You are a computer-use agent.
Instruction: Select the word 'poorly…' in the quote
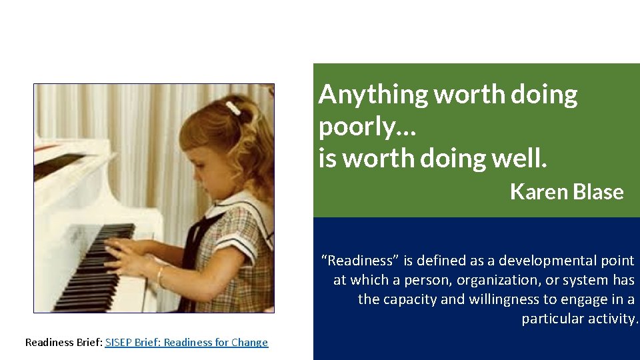tap(367, 127)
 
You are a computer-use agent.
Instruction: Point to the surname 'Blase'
tap(596, 192)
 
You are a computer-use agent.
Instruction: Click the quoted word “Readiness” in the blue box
tap(359, 261)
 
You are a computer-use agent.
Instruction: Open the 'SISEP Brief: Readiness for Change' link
tap(187, 343)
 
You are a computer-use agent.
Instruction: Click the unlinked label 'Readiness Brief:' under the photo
tap(63, 343)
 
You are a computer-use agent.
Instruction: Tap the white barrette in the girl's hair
tap(233, 108)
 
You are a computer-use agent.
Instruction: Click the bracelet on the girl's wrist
tap(161, 275)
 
